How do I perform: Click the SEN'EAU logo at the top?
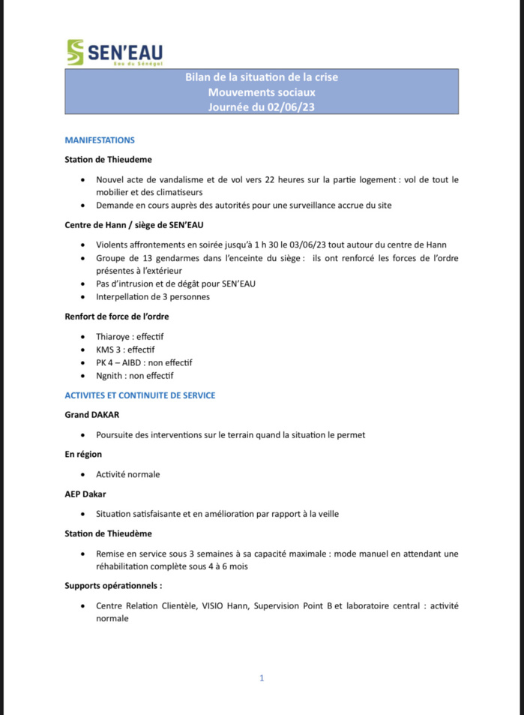coord(114,53)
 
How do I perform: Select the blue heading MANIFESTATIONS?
coord(100,140)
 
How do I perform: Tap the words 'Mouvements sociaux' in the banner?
coord(262,92)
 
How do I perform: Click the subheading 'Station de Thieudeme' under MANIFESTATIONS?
coord(109,160)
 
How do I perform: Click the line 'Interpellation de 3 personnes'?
coord(153,296)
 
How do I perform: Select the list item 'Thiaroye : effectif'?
coord(130,336)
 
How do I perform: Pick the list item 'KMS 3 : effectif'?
coord(124,350)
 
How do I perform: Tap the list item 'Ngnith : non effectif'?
coord(134,376)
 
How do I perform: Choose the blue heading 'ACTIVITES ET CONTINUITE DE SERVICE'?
coord(140,395)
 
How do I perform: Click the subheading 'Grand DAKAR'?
coord(92,415)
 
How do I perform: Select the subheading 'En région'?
coord(83,454)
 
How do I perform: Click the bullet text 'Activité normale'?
coord(127,474)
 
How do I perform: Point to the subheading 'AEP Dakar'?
coord(85,494)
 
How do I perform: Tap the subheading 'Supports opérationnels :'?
coord(113,585)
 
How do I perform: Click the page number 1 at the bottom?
coord(262,677)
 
